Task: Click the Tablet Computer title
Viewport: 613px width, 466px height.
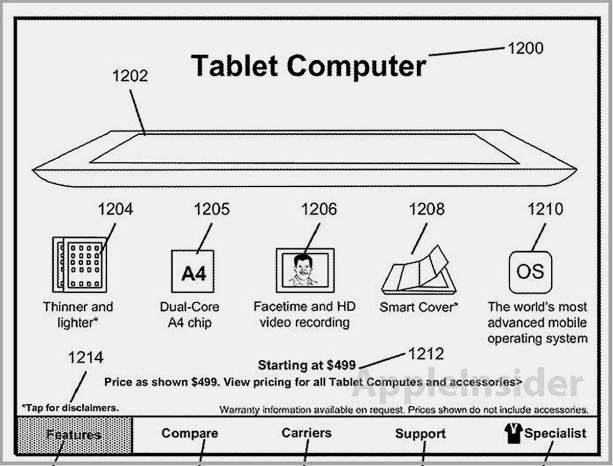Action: pos(309,66)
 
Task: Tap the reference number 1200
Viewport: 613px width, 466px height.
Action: pos(526,48)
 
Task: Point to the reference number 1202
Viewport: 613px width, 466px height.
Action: pos(130,76)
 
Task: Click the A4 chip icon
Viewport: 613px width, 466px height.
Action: pos(193,271)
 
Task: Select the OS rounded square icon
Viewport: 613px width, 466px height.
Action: pos(530,273)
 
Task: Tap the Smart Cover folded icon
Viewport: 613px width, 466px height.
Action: pos(419,270)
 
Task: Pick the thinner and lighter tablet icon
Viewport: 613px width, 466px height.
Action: pos(80,264)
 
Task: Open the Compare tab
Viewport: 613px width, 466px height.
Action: pos(190,433)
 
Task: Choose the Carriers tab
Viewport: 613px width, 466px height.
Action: pos(306,433)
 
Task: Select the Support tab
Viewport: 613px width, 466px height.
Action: pos(420,434)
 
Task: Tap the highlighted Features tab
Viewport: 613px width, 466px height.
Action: pos(74,435)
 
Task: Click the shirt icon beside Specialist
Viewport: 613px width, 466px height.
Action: pos(513,433)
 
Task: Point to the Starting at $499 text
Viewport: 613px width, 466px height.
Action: pos(306,365)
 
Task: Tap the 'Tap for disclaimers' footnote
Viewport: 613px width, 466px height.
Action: pos(70,408)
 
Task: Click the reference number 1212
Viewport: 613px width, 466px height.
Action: pos(426,354)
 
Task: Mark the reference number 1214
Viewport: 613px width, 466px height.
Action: pos(86,357)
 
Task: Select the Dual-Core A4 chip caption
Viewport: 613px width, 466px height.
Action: pos(190,315)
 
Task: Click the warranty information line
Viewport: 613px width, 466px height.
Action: pos(404,410)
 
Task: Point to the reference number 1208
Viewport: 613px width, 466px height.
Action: pos(427,210)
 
